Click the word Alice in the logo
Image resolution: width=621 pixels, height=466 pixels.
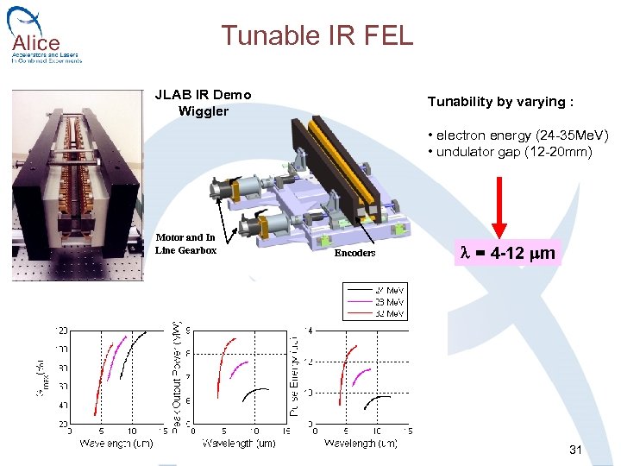tap(36, 42)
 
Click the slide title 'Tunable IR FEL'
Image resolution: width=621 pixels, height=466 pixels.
tap(317, 35)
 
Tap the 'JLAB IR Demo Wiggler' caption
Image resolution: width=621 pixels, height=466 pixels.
tap(203, 103)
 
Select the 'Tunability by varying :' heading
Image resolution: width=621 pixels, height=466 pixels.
tap(500, 102)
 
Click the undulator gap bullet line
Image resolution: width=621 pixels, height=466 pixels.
tap(510, 152)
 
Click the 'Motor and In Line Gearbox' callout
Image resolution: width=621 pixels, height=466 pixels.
tap(185, 243)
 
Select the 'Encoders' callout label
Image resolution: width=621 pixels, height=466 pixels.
tap(354, 253)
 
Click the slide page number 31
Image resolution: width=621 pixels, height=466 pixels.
tap(576, 450)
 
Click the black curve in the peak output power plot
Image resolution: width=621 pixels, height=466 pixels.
tap(257, 391)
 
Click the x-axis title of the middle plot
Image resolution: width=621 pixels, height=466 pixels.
tap(238, 444)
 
